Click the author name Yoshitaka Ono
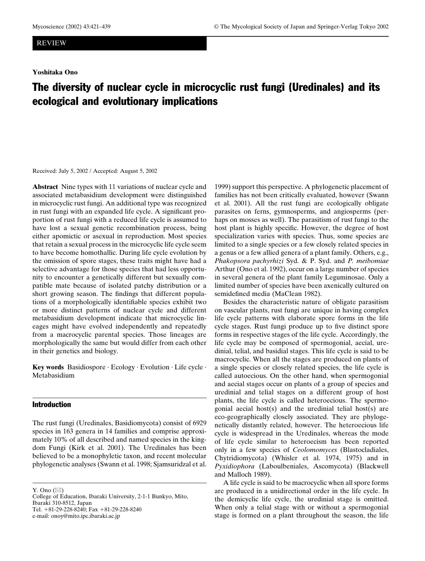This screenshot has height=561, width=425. click(55, 72)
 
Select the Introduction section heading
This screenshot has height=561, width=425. click(51, 405)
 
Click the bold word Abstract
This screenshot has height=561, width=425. click(45, 187)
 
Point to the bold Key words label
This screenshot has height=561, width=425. click(48, 367)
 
